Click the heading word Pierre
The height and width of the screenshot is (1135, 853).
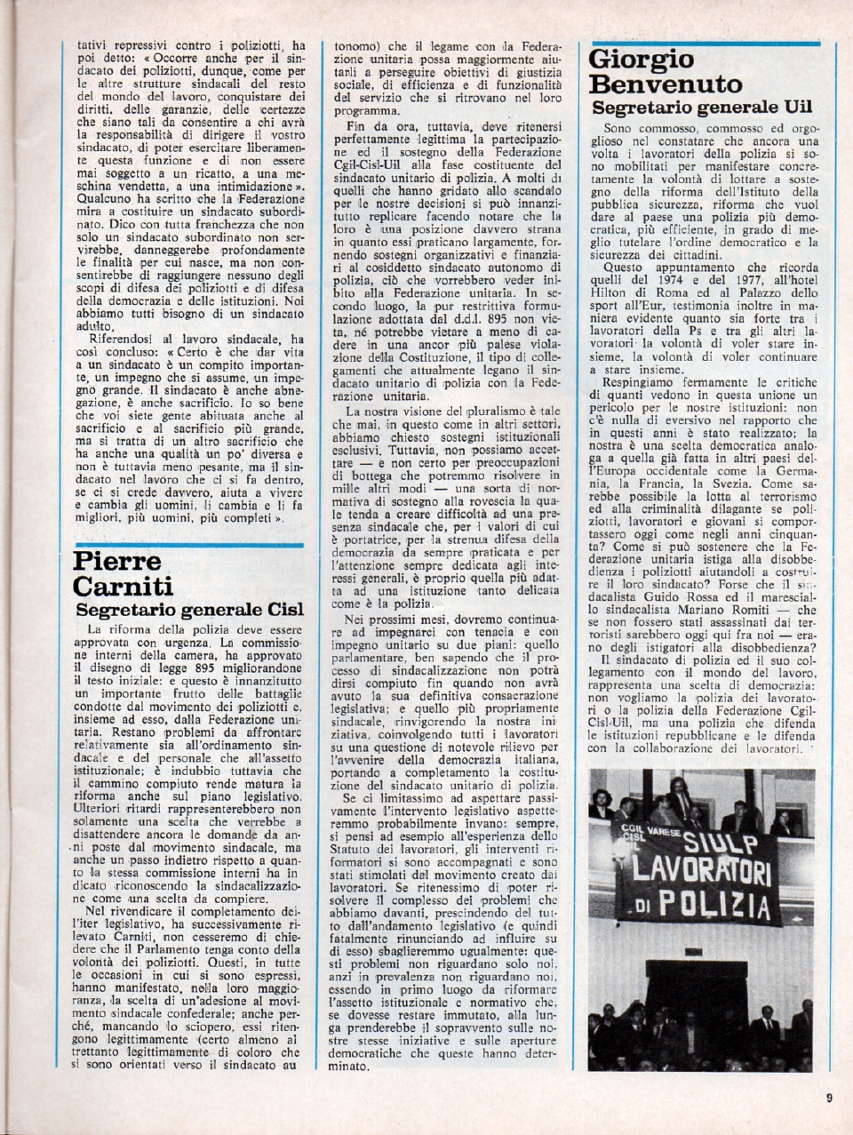point(117,561)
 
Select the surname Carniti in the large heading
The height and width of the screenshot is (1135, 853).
point(124,587)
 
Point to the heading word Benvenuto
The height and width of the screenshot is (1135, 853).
point(666,84)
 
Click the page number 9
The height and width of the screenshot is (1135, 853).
point(828,1097)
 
